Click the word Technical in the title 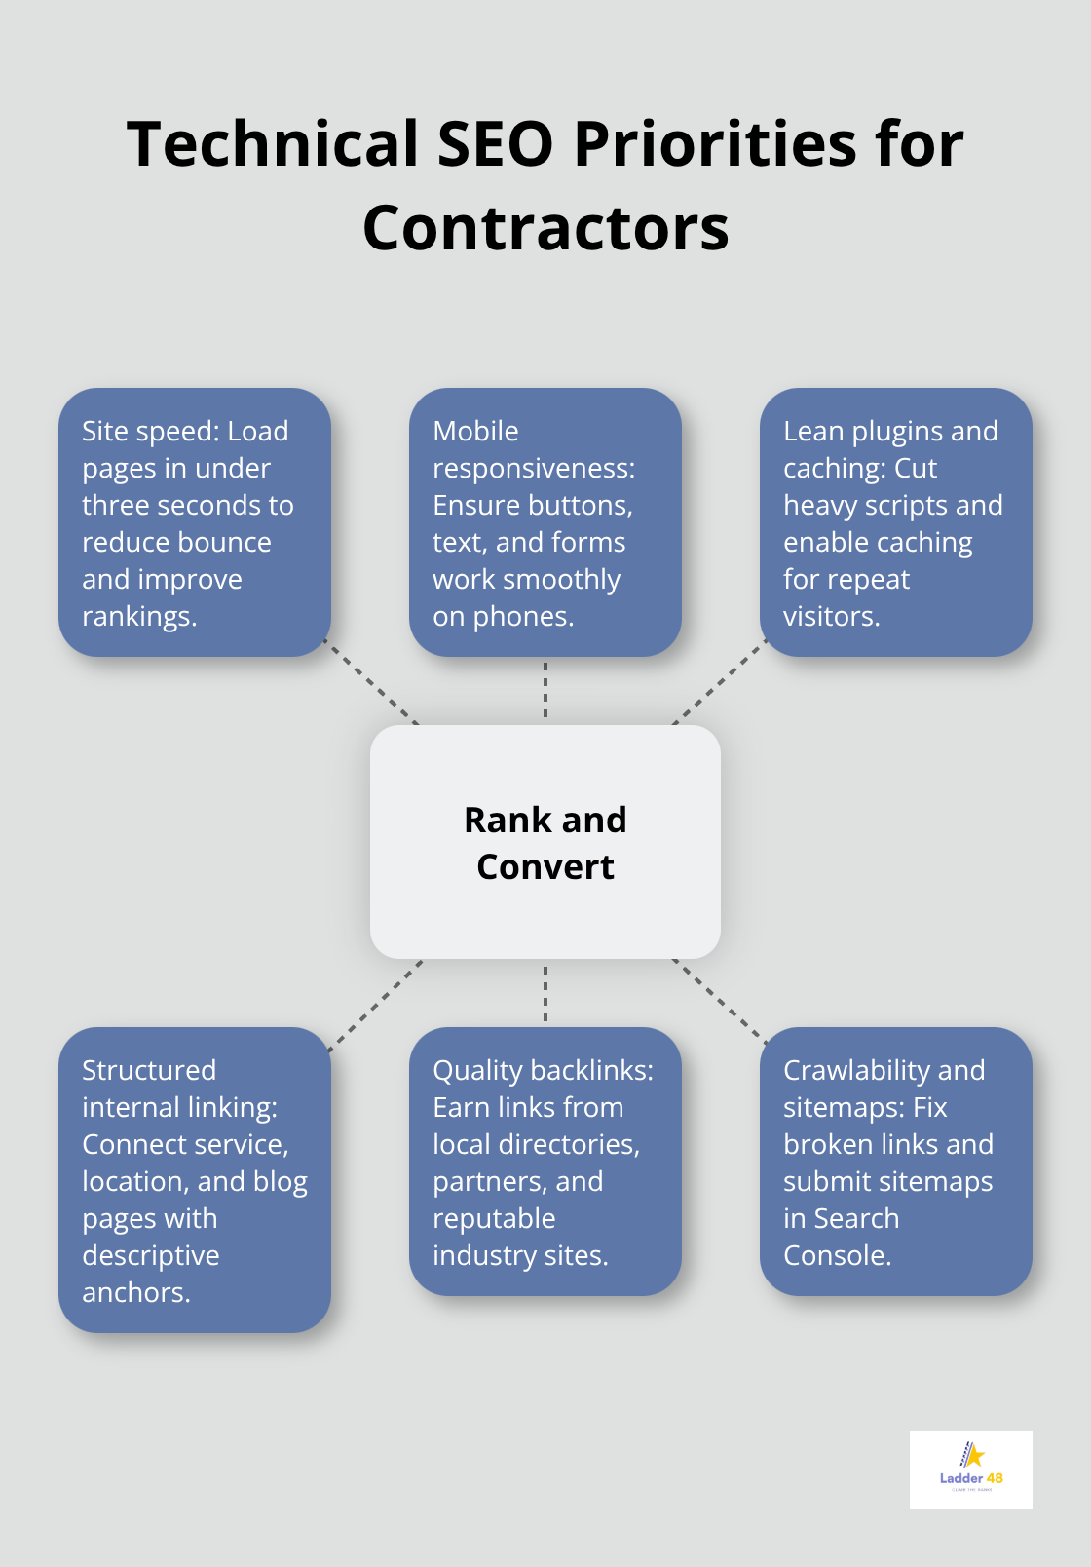tap(273, 143)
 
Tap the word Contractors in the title tap(545, 228)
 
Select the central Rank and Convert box tap(545, 842)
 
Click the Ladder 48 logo tap(970, 1469)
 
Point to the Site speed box tap(195, 522)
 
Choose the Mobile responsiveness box tap(545, 522)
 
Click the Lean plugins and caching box tap(895, 522)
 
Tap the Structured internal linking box tap(195, 1179)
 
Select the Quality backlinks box tap(545, 1162)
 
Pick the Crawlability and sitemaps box tap(895, 1162)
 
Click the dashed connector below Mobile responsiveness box tap(545, 690)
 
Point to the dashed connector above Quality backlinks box tap(545, 993)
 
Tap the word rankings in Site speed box tap(138, 617)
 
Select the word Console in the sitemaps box tap(837, 1256)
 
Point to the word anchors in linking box tap(135, 1293)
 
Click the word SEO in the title tap(496, 143)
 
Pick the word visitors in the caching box tap(831, 617)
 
